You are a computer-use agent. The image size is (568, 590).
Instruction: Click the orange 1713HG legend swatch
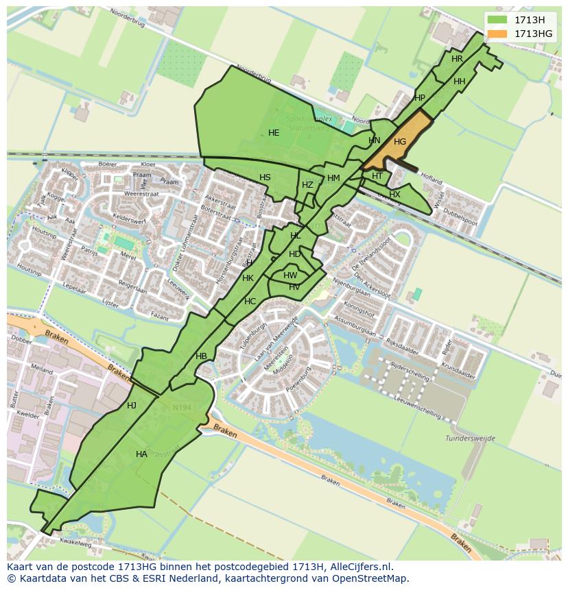click(498, 34)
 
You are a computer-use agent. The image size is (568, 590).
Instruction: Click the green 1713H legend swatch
click(498, 20)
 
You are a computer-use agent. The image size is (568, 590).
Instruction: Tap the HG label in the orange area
click(400, 142)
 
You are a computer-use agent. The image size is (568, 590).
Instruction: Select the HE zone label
click(274, 133)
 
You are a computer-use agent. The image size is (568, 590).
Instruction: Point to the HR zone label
click(457, 59)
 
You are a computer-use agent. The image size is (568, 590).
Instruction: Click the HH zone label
click(460, 82)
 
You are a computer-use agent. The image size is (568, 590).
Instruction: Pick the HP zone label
click(420, 98)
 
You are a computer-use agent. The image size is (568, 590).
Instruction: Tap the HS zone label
click(265, 177)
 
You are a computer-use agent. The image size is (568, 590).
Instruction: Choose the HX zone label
click(394, 195)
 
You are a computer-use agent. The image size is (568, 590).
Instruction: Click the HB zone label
click(201, 356)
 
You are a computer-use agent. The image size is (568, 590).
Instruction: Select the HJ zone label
click(132, 406)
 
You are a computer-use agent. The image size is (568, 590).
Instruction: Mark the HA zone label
click(141, 454)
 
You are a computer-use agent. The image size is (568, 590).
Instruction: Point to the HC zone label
click(250, 302)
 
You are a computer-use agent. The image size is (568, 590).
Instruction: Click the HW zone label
click(290, 275)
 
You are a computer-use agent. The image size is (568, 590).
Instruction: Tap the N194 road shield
click(182, 408)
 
